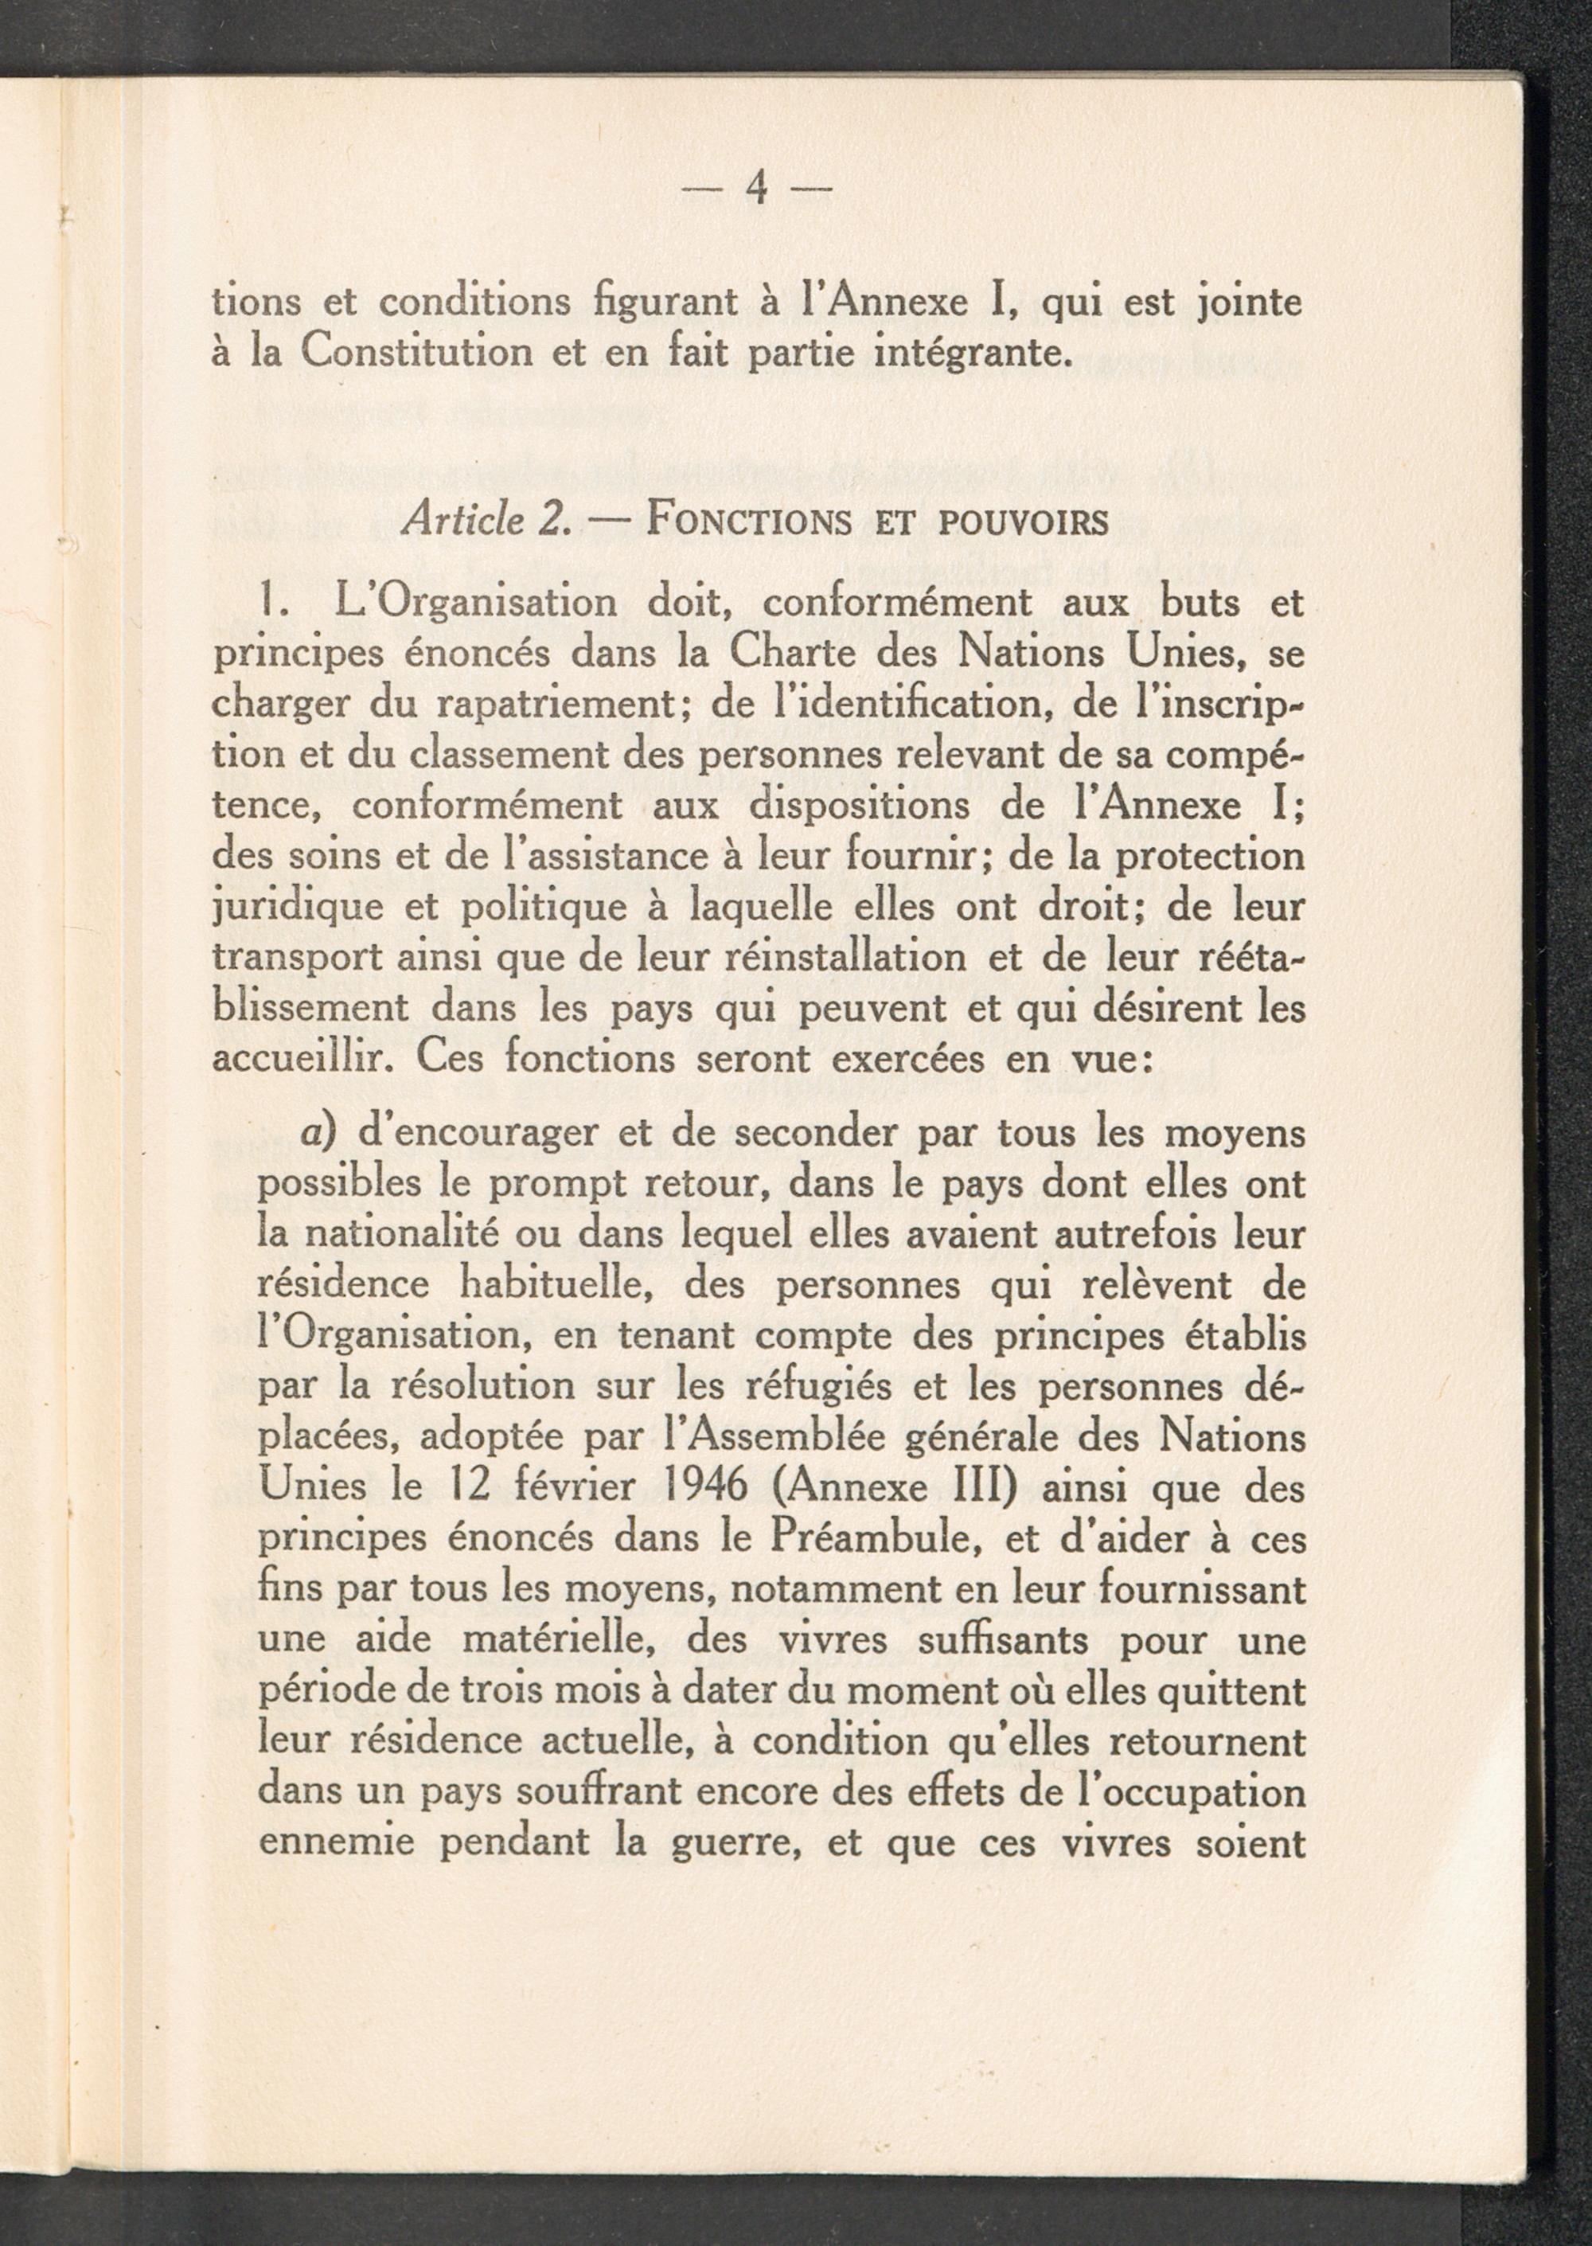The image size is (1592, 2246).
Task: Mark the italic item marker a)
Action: click(x=319, y=1135)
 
